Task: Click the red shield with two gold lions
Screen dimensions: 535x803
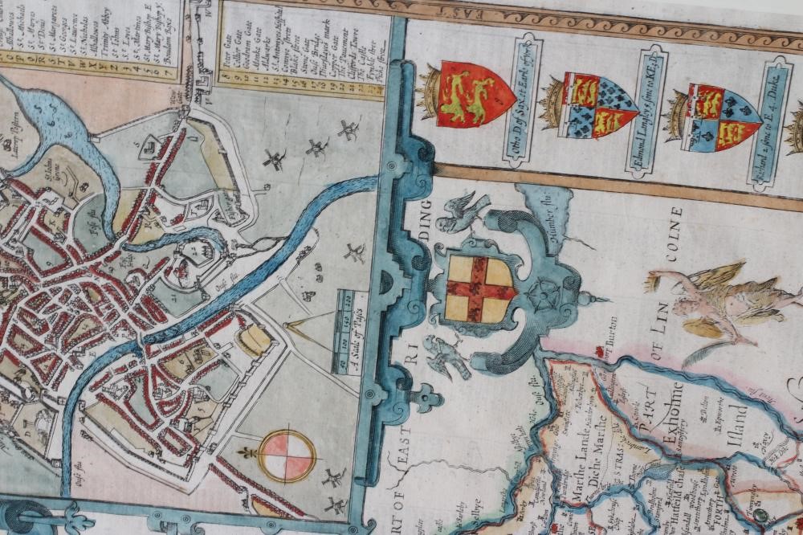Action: [474, 95]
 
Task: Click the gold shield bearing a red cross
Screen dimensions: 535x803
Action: [480, 288]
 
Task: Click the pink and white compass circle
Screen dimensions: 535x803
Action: [287, 455]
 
